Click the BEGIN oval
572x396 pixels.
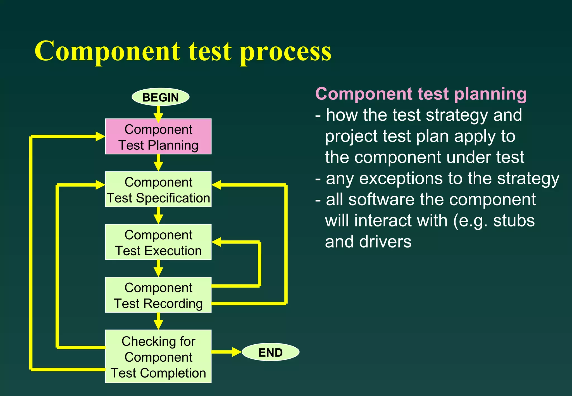click(160, 97)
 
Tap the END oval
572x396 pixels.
click(270, 352)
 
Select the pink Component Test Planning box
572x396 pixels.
click(158, 137)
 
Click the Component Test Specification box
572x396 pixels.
click(158, 189)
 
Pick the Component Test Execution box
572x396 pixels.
click(158, 242)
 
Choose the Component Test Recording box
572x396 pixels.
click(158, 295)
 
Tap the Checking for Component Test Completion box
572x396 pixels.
click(158, 356)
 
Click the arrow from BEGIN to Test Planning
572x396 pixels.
click(158, 114)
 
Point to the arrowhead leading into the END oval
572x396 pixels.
click(236, 352)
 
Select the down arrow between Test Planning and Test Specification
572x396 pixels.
click(158, 163)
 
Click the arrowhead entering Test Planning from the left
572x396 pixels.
click(100, 137)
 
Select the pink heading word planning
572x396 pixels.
click(490, 94)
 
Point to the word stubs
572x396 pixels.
click(514, 221)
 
